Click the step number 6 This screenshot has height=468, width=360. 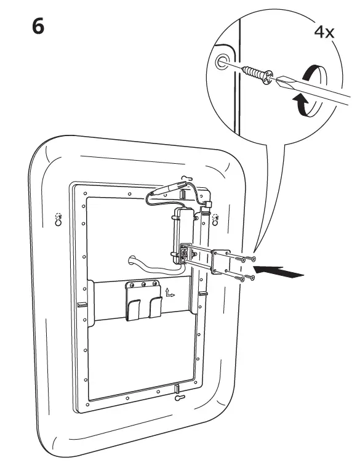38,26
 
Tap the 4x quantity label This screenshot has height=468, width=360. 324,32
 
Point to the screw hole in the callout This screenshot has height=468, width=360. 222,62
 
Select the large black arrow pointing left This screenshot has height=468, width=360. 279,272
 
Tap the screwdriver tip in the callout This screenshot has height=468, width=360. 282,81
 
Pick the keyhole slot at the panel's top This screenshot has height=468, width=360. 186,178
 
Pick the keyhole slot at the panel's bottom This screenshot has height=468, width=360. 180,398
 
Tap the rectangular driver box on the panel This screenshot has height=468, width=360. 183,236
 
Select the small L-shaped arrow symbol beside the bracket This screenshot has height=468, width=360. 170,292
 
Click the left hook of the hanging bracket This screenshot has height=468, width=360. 134,310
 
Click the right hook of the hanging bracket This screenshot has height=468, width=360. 156,307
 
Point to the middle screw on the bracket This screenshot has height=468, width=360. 143,284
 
